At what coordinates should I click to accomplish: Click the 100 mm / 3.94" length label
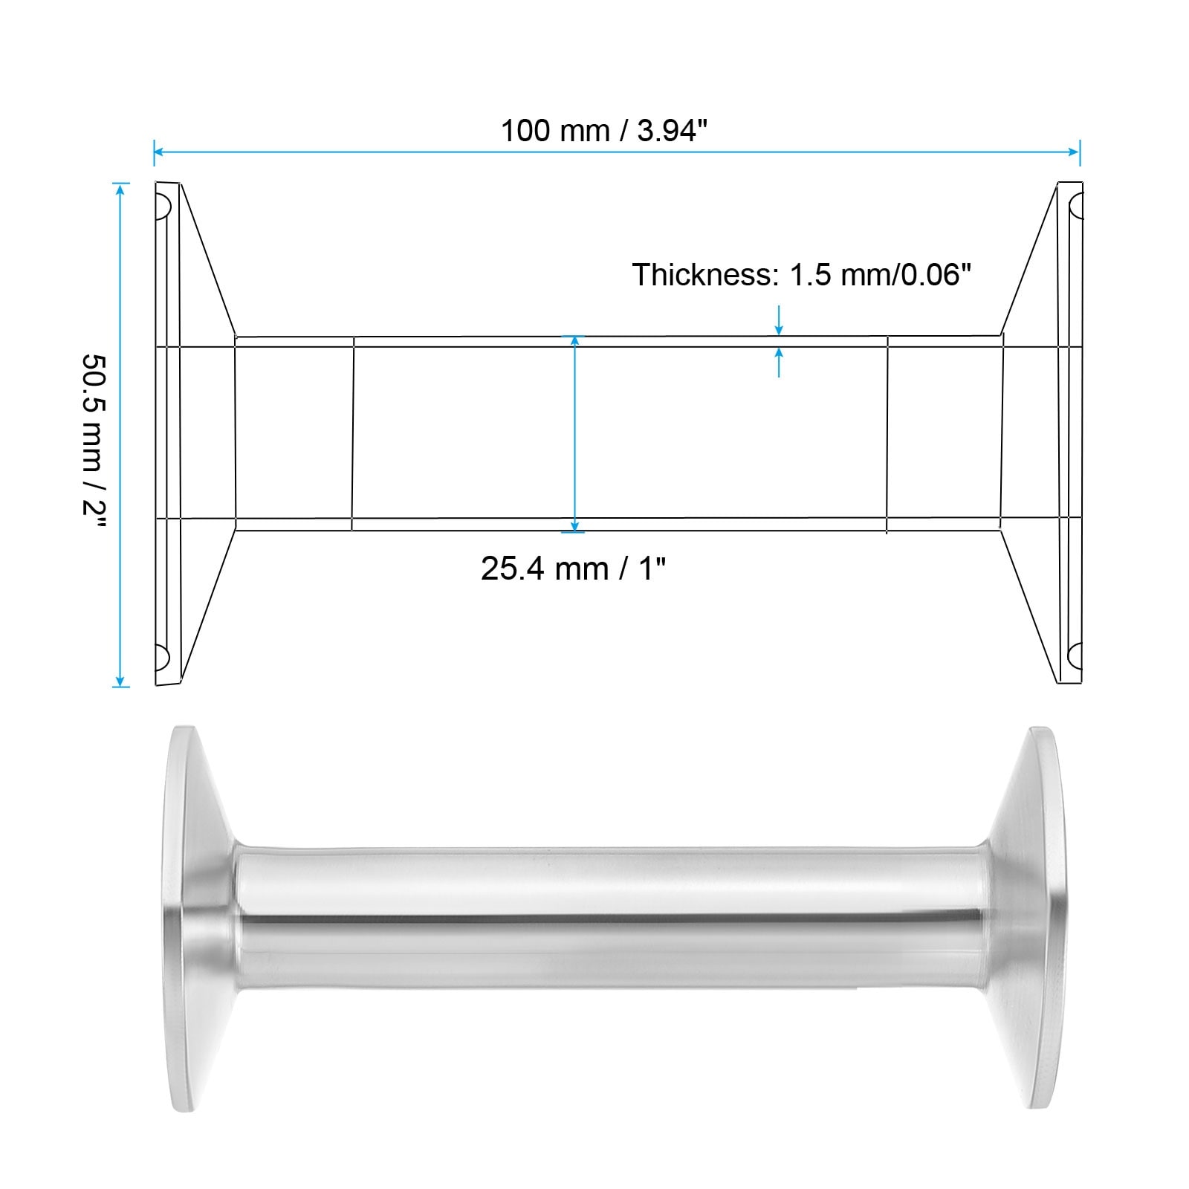603,131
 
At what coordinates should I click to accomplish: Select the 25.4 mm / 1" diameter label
573,568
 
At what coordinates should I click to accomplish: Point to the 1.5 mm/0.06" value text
881,275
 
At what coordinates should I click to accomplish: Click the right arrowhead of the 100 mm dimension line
1074,152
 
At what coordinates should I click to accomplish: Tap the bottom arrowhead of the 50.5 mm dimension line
120,680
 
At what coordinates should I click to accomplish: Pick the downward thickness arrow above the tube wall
779,320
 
